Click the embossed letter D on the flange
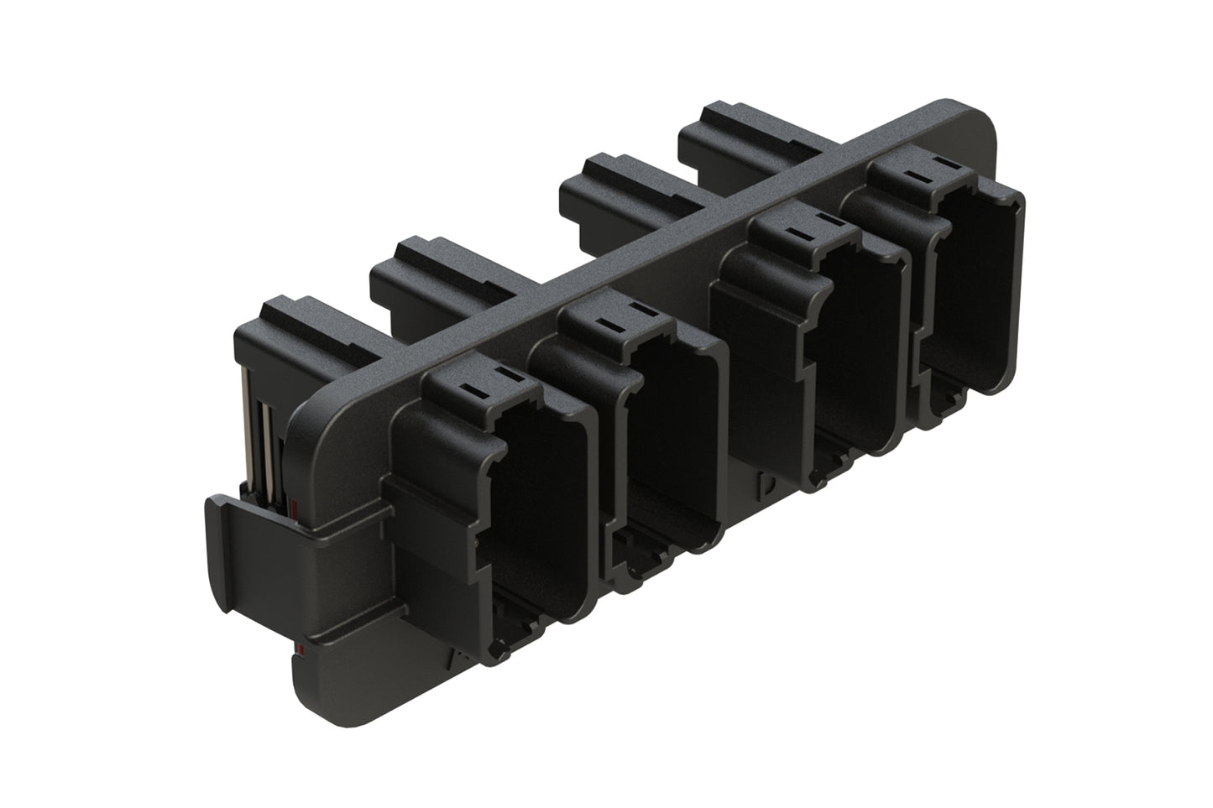pyautogui.click(x=766, y=484)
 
